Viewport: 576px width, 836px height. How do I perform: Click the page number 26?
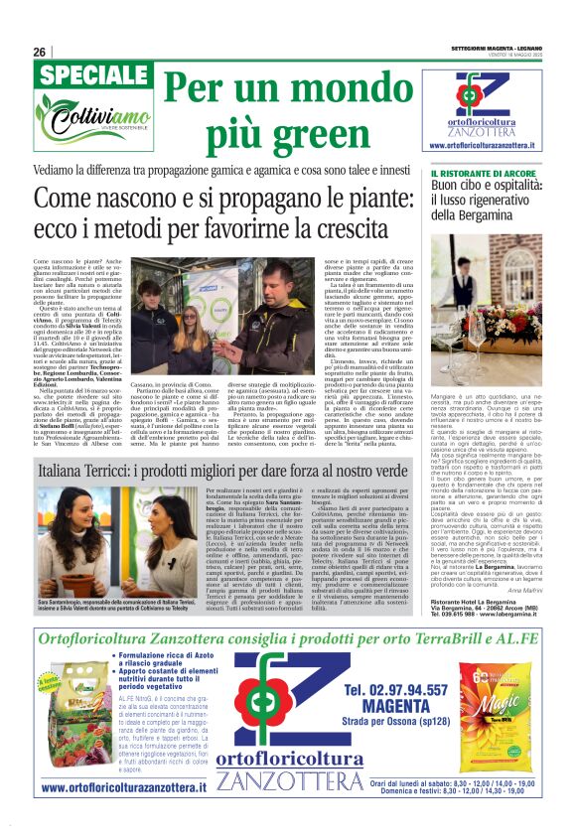[x=40, y=52]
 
